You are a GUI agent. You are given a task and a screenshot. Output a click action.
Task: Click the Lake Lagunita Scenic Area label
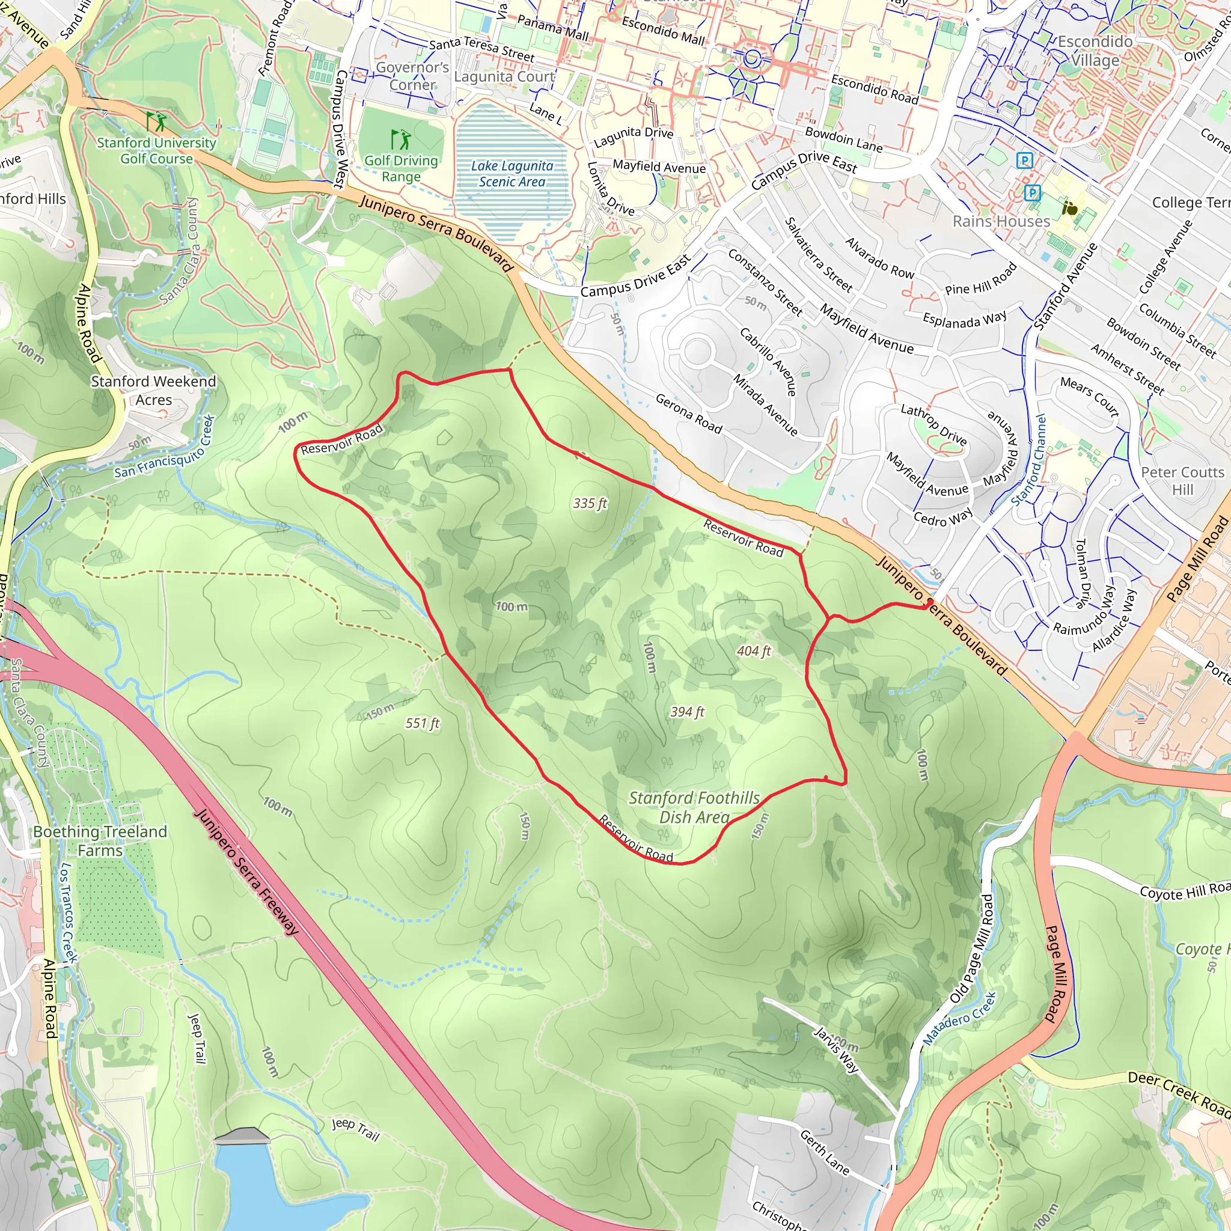click(x=512, y=174)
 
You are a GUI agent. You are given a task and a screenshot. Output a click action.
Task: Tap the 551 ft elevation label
click(x=423, y=723)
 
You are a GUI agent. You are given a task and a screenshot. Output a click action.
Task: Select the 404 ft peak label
click(x=754, y=651)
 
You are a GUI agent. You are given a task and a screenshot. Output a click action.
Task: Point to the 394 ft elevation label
click(x=687, y=712)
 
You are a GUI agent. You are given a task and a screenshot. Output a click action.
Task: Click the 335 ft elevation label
click(x=590, y=503)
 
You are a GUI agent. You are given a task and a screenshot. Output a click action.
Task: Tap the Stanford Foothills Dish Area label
click(x=694, y=807)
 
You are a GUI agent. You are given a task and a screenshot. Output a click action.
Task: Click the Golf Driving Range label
click(x=401, y=168)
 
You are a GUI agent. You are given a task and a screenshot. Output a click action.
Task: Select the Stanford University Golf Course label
click(x=156, y=150)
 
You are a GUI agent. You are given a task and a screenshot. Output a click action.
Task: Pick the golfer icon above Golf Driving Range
click(x=401, y=139)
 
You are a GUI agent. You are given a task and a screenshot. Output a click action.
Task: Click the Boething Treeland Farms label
click(x=100, y=841)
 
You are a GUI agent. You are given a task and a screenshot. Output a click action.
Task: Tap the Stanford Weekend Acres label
click(x=153, y=391)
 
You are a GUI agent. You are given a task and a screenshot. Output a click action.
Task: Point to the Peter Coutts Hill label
click(x=1182, y=480)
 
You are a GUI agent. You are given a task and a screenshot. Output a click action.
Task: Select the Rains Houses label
click(x=1001, y=221)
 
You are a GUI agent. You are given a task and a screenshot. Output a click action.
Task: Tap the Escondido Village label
click(x=1095, y=51)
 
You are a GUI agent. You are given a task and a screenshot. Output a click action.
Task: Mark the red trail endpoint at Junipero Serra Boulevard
click(x=930, y=602)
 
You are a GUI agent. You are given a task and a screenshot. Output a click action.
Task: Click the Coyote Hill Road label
click(x=1184, y=891)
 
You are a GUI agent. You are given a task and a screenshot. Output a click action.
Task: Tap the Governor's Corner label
click(x=412, y=76)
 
